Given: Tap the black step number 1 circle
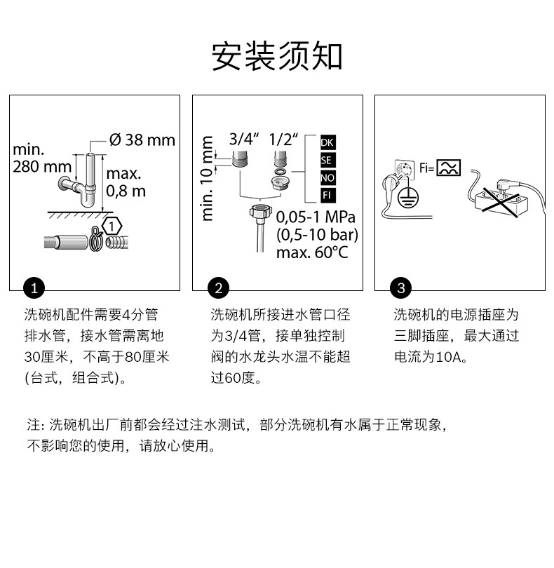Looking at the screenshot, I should point(34,288).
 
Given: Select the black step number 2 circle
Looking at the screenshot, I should point(218,288).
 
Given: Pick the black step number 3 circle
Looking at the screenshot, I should point(400,288).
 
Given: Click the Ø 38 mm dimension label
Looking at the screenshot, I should point(142,140).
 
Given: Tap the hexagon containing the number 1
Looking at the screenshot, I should point(111,226).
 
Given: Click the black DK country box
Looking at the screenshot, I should point(327,143).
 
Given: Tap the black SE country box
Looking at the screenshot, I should point(327,161).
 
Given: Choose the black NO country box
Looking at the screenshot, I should point(327,178).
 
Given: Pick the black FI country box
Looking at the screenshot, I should point(327,195).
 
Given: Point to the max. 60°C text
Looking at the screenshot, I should point(312,251).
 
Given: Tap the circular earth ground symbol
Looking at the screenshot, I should point(405,198).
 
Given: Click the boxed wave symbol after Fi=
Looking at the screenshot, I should point(449,167).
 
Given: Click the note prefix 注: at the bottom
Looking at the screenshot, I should point(36,425).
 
